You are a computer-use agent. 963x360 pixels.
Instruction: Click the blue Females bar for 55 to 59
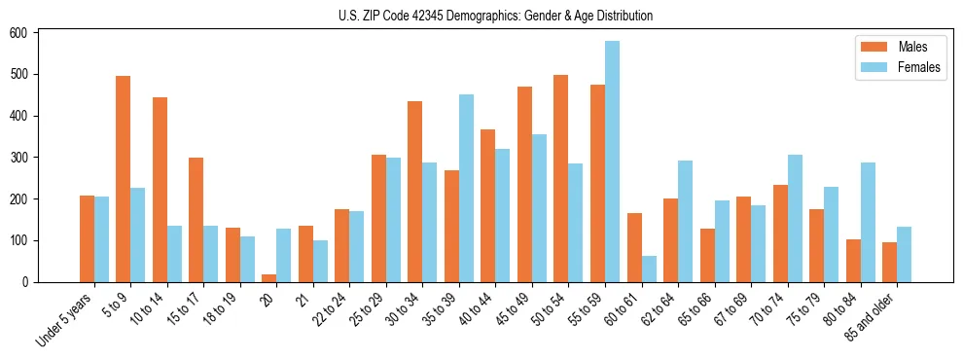tap(612, 162)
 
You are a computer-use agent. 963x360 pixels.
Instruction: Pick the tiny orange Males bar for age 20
tap(269, 278)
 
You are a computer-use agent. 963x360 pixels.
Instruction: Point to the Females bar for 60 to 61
tap(649, 270)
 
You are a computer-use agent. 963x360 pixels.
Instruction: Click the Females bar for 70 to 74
tap(795, 218)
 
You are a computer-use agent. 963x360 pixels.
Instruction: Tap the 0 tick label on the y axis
tap(27, 282)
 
